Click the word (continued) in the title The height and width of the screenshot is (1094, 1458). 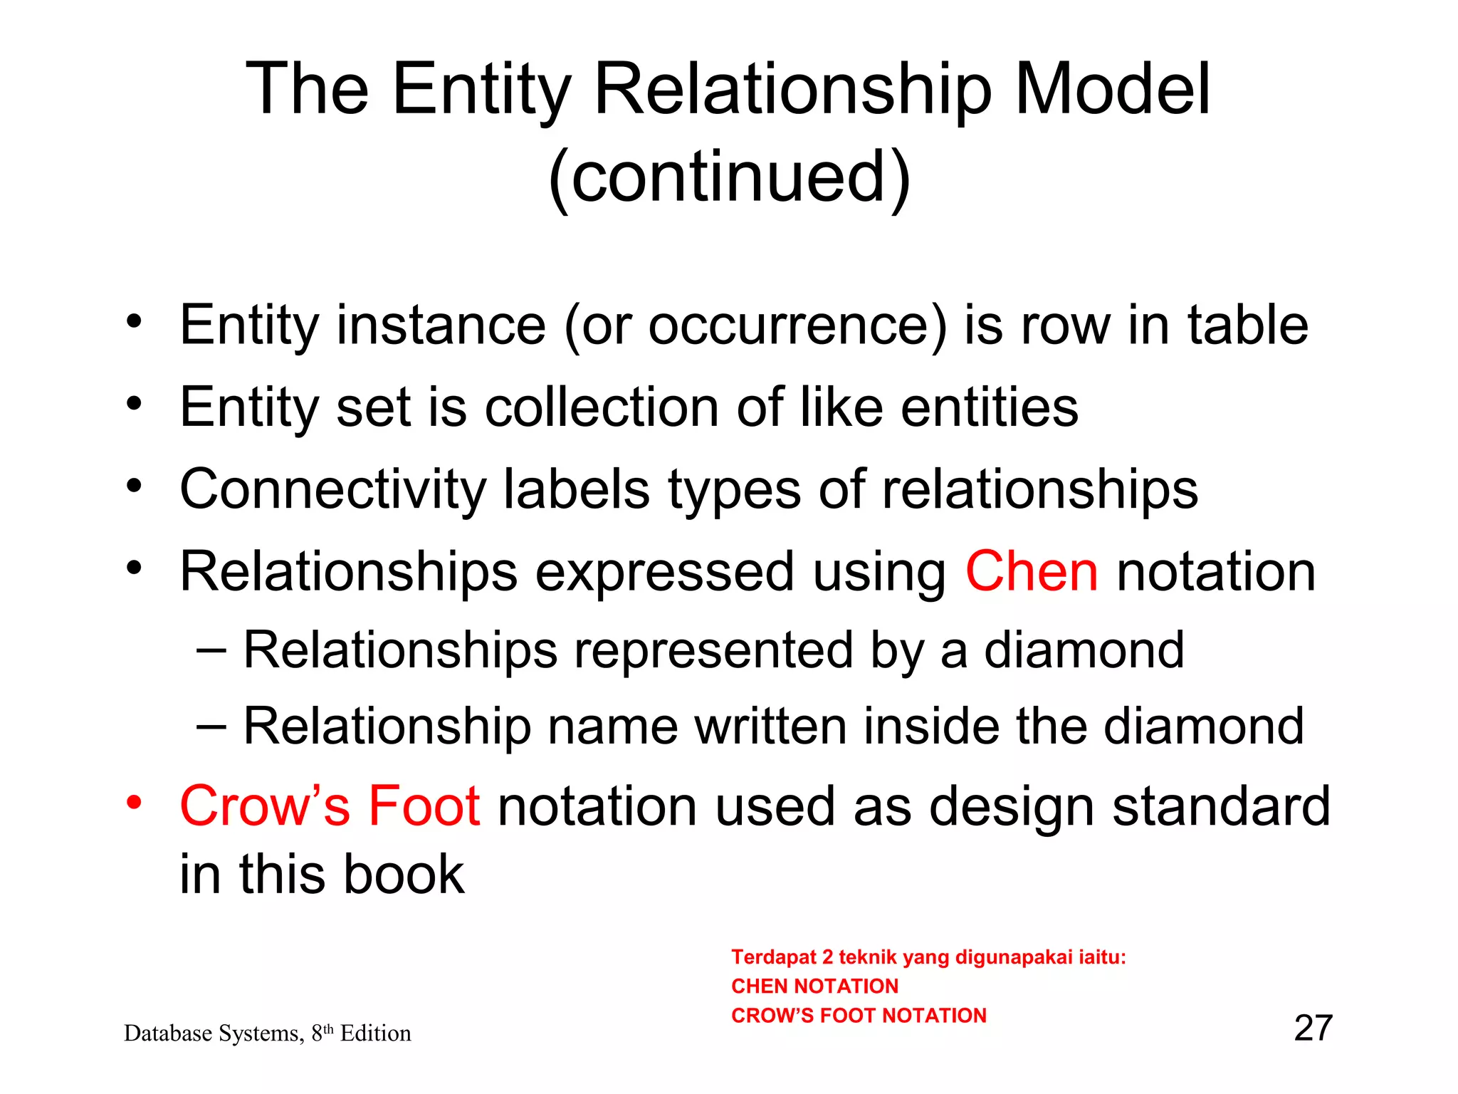[x=729, y=177]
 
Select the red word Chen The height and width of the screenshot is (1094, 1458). [x=1031, y=571]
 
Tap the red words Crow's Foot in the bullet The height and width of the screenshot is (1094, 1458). [x=330, y=806]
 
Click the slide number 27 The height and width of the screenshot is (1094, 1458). [x=1313, y=1028]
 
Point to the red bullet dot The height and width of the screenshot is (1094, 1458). [x=134, y=803]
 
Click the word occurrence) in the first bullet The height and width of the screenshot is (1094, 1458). [x=797, y=325]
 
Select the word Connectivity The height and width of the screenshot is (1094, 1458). [x=332, y=490]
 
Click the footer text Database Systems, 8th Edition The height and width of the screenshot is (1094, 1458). [x=267, y=1033]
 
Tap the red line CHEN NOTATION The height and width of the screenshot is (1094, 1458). [x=814, y=986]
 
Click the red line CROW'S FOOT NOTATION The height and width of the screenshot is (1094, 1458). [x=859, y=1016]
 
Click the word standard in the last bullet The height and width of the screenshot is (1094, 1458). [x=1220, y=806]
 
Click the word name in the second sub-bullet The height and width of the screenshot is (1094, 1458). [x=613, y=726]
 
